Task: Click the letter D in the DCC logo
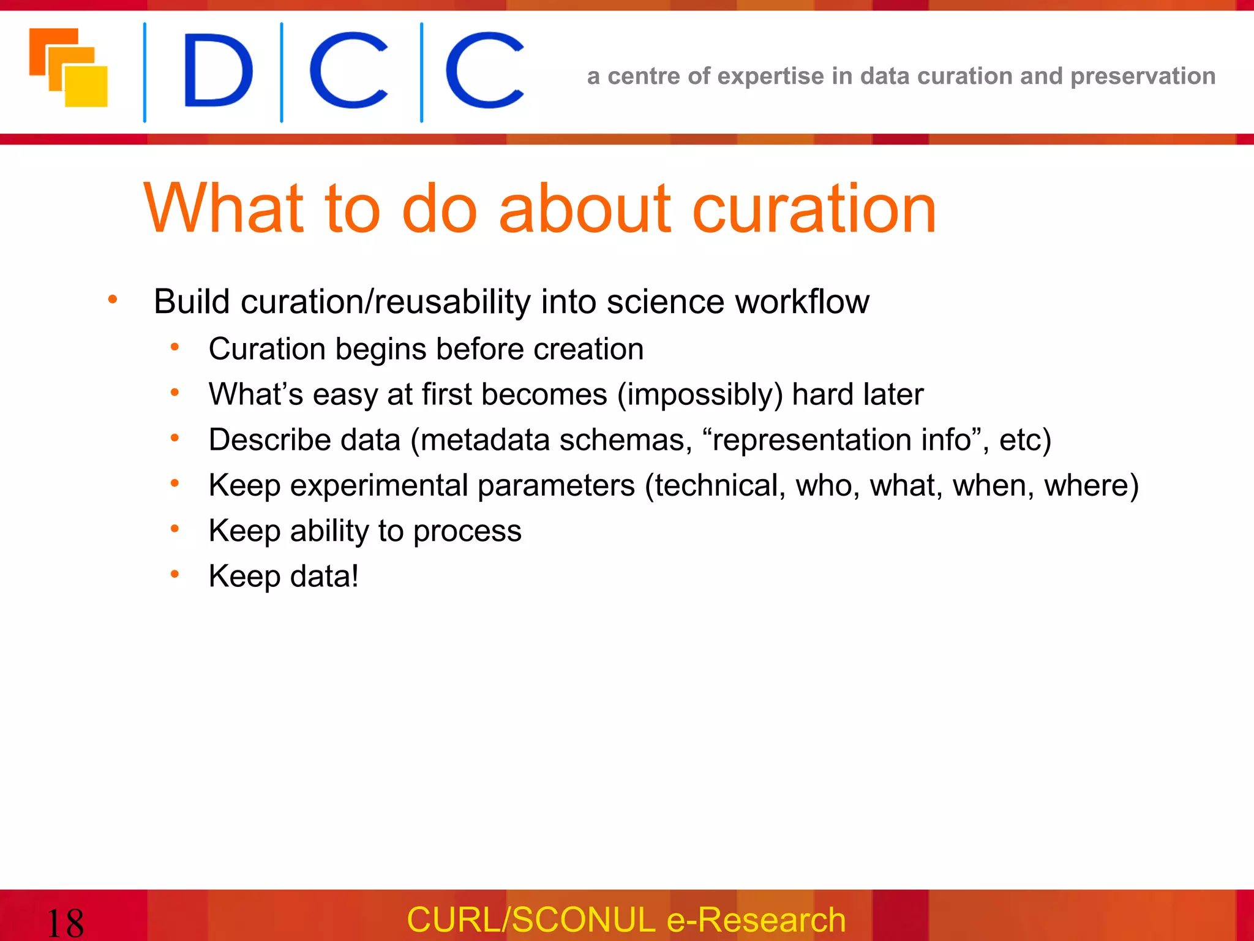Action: click(217, 70)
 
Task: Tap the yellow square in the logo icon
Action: click(87, 87)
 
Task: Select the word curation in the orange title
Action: click(814, 210)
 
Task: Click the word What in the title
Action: click(223, 210)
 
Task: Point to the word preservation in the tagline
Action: click(1143, 76)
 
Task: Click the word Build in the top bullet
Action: click(192, 301)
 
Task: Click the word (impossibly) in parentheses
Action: click(700, 395)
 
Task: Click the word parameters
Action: click(556, 485)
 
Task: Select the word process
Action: click(467, 531)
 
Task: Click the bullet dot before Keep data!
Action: click(175, 574)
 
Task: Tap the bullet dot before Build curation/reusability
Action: click(113, 300)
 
